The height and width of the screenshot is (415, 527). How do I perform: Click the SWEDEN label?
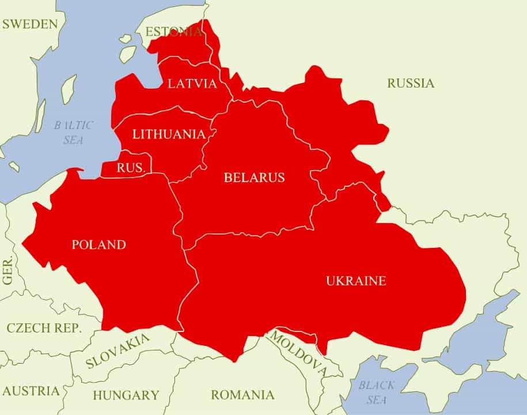(x=30, y=24)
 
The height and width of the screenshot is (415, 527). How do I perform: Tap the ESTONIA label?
(x=173, y=32)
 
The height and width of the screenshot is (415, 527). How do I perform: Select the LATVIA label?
(x=192, y=84)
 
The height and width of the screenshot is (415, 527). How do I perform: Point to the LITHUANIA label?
(x=169, y=134)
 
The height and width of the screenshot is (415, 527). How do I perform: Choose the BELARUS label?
(x=254, y=178)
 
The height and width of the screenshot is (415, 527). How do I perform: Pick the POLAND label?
(x=98, y=244)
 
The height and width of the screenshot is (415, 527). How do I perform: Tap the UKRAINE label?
(x=356, y=281)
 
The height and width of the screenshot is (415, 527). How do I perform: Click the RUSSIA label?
(x=411, y=83)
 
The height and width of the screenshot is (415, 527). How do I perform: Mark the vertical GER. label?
(x=8, y=270)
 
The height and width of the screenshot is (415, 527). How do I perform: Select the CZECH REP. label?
(x=44, y=328)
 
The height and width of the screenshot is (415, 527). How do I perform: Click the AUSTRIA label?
(x=30, y=391)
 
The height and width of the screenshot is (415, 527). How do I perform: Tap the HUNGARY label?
(x=126, y=395)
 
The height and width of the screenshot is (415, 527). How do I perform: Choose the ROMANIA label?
(x=242, y=395)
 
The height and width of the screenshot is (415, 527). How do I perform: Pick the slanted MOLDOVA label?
(x=298, y=354)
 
